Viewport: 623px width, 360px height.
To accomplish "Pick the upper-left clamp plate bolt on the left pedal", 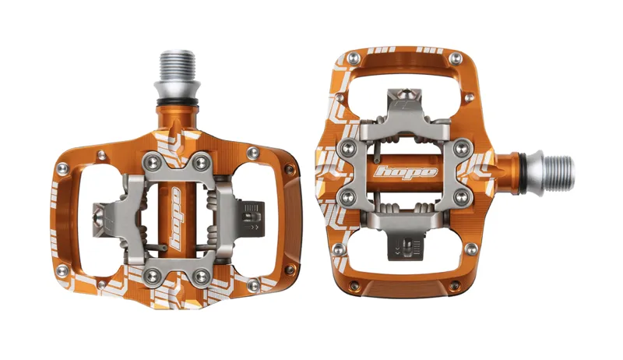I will tap(147, 161).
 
